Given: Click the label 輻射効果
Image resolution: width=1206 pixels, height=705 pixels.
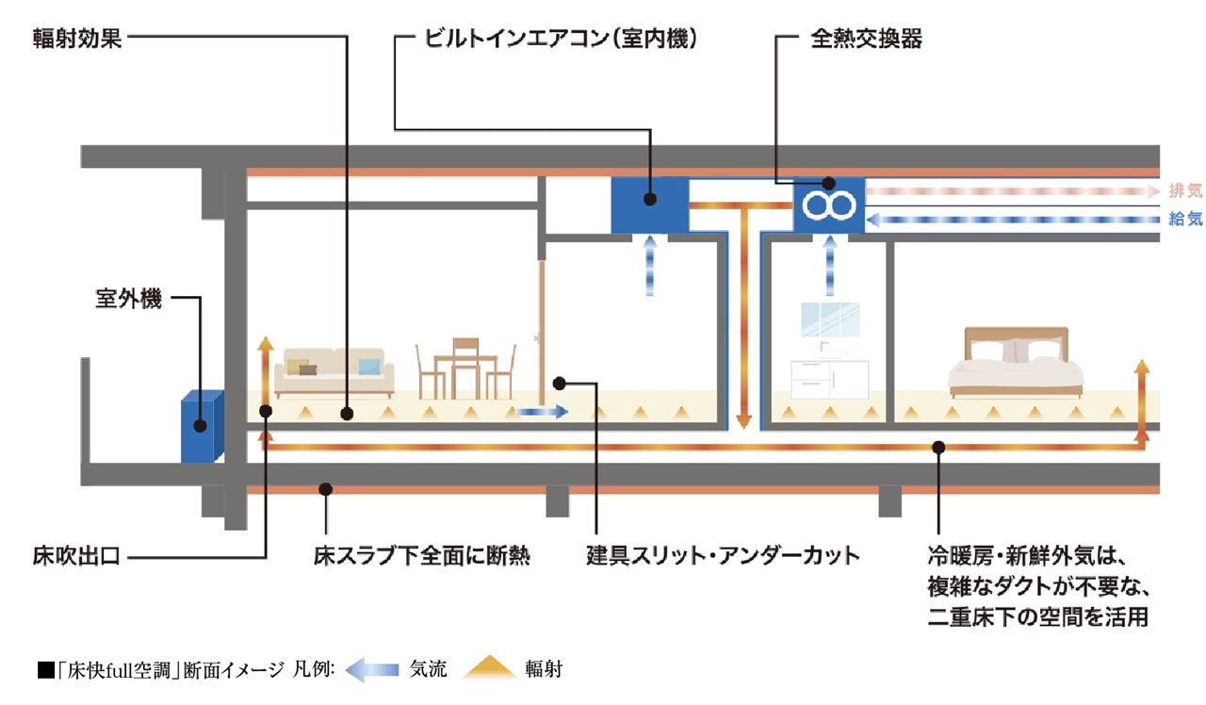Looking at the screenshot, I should tap(78, 41).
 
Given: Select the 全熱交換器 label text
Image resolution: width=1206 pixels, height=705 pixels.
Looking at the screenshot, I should tap(865, 41).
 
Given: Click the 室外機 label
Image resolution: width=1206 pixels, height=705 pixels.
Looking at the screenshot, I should tap(128, 300).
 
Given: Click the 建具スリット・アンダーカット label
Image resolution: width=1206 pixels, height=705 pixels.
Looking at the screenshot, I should tap(723, 556).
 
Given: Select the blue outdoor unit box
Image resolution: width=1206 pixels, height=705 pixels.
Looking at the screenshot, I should tap(202, 426).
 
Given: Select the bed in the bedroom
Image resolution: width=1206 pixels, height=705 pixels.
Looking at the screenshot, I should tap(1015, 363).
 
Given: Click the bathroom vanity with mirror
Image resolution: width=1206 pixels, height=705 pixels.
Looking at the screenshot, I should tap(829, 353).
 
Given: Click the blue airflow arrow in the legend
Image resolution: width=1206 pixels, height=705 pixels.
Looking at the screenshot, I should tap(372, 670).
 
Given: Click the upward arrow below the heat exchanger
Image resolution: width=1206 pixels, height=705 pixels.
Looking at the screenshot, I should tap(830, 266).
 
